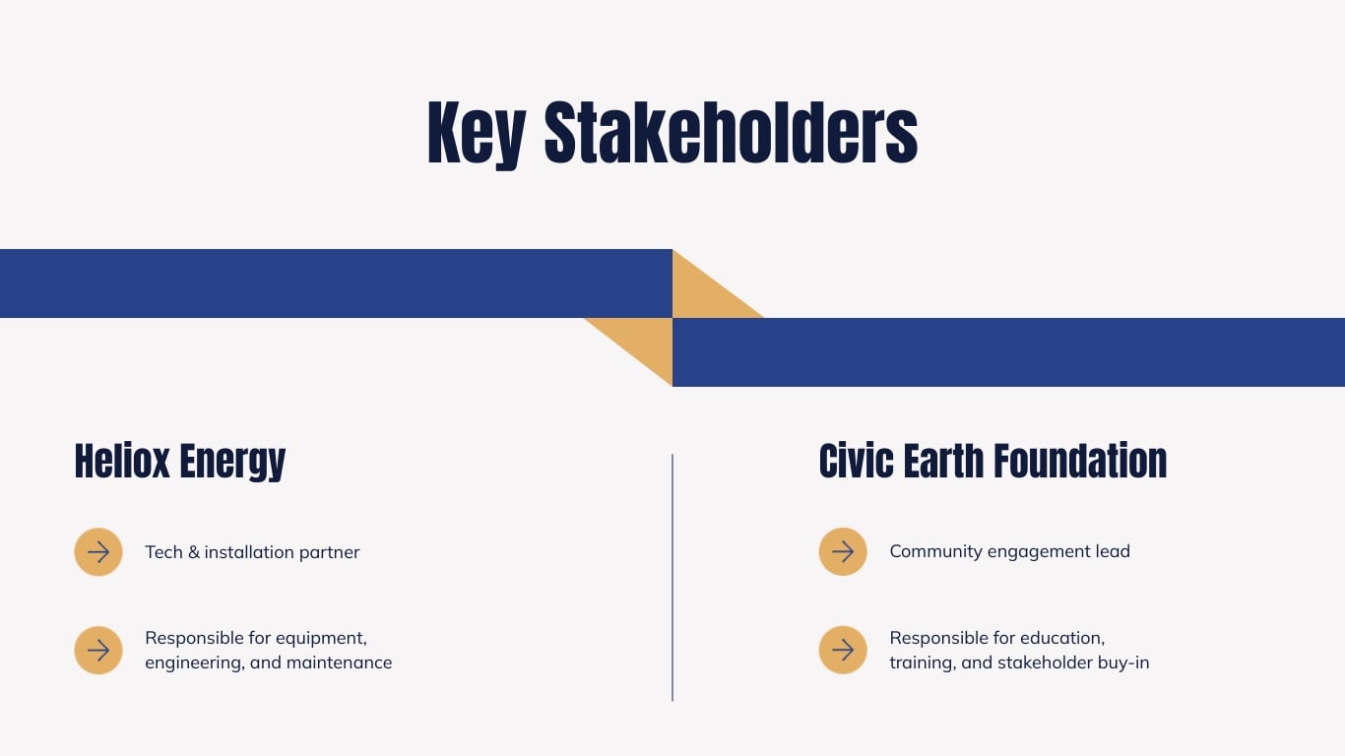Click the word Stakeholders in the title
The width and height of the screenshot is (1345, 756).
point(731,132)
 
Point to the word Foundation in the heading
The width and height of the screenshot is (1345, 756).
point(1079,461)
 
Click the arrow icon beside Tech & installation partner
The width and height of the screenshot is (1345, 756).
point(98,552)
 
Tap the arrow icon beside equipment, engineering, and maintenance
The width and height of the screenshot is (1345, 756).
point(98,651)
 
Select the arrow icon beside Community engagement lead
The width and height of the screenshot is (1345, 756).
point(843,551)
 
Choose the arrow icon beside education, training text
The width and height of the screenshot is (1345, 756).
point(843,651)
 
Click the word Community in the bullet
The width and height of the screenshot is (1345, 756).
point(936,551)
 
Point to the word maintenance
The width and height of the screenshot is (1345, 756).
point(339,662)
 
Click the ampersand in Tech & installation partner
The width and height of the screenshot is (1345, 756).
point(193,552)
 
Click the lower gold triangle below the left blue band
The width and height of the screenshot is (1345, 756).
point(645,343)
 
